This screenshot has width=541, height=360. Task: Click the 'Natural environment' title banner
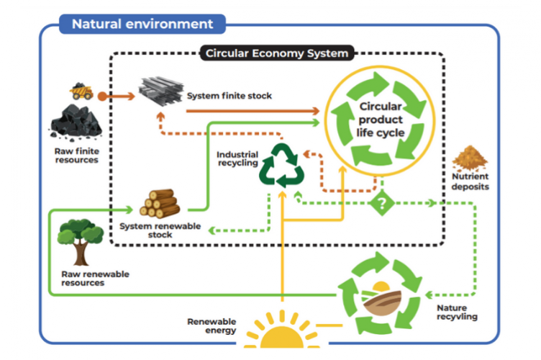143,24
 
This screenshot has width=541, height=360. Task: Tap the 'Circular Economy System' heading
277,53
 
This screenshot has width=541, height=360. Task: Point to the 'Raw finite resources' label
76,156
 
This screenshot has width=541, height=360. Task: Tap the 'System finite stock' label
229,95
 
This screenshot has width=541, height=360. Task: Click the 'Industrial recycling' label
237,158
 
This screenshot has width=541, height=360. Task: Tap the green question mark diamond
382,203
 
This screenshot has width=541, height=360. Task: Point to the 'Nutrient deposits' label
471,181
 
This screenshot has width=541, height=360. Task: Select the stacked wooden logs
159,203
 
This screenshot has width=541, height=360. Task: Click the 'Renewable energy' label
212,326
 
